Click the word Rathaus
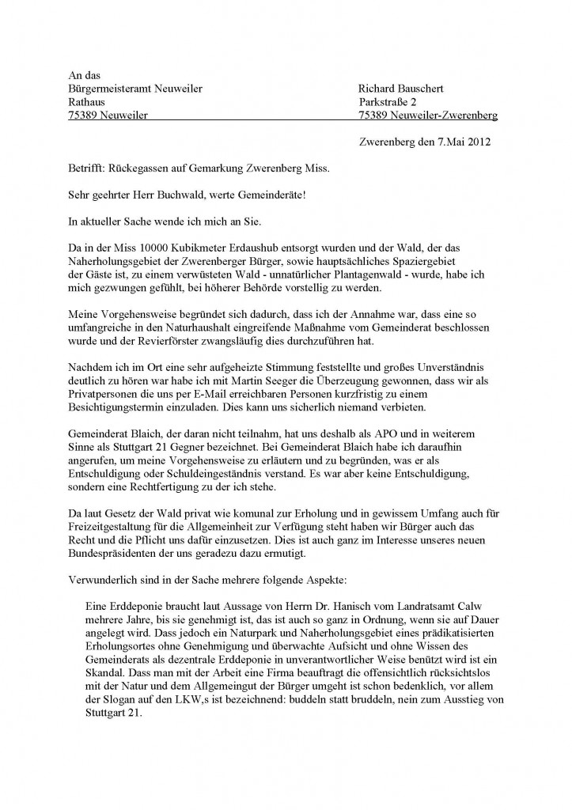87,102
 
